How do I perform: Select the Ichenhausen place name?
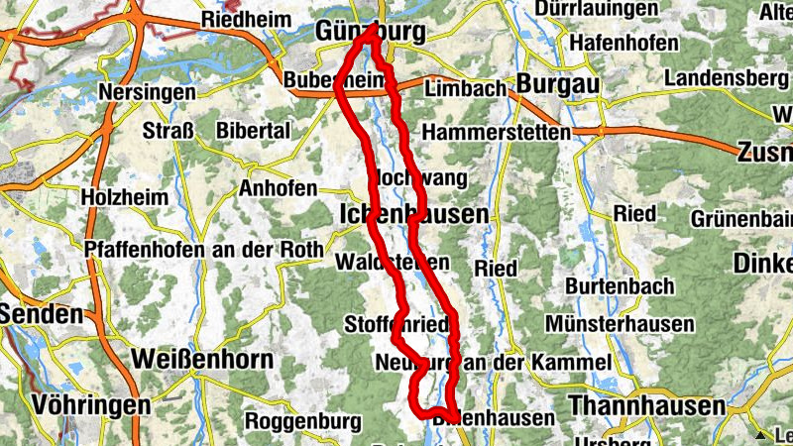tap(413, 214)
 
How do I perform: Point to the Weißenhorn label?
tap(201, 359)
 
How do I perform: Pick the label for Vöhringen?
tap(91, 405)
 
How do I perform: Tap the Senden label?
tap(41, 314)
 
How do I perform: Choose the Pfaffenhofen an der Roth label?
tap(203, 250)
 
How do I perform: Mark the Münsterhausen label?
tap(608, 322)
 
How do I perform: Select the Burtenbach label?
tap(620, 286)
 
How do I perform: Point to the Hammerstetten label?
tap(496, 132)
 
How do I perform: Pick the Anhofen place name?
tap(278, 187)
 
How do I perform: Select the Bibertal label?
tap(253, 131)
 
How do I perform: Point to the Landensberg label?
tap(727, 78)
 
